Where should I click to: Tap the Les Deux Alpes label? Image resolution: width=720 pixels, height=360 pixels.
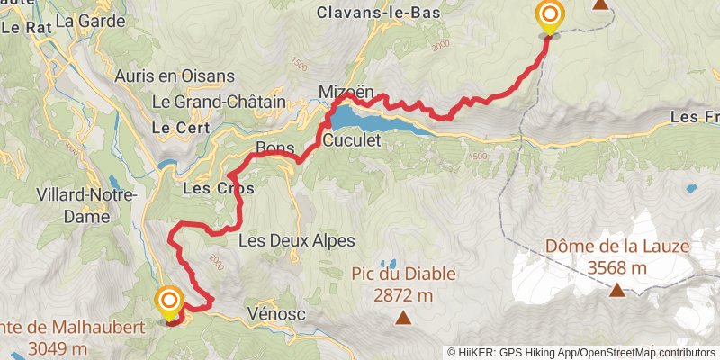click(x=297, y=241)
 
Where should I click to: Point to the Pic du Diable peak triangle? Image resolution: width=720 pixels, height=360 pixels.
click(x=403, y=317)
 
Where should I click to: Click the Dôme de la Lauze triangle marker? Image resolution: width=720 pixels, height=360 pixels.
click(x=617, y=290)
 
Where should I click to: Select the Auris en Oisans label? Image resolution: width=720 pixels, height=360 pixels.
click(x=175, y=76)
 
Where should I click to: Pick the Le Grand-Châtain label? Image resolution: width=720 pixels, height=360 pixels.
click(x=219, y=102)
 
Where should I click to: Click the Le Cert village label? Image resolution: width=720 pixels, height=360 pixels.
click(x=175, y=128)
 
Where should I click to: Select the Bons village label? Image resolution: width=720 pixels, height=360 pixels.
click(x=275, y=148)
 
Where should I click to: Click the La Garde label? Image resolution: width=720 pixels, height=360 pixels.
click(x=89, y=18)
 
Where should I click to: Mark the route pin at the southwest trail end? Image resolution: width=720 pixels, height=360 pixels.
click(x=168, y=302)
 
